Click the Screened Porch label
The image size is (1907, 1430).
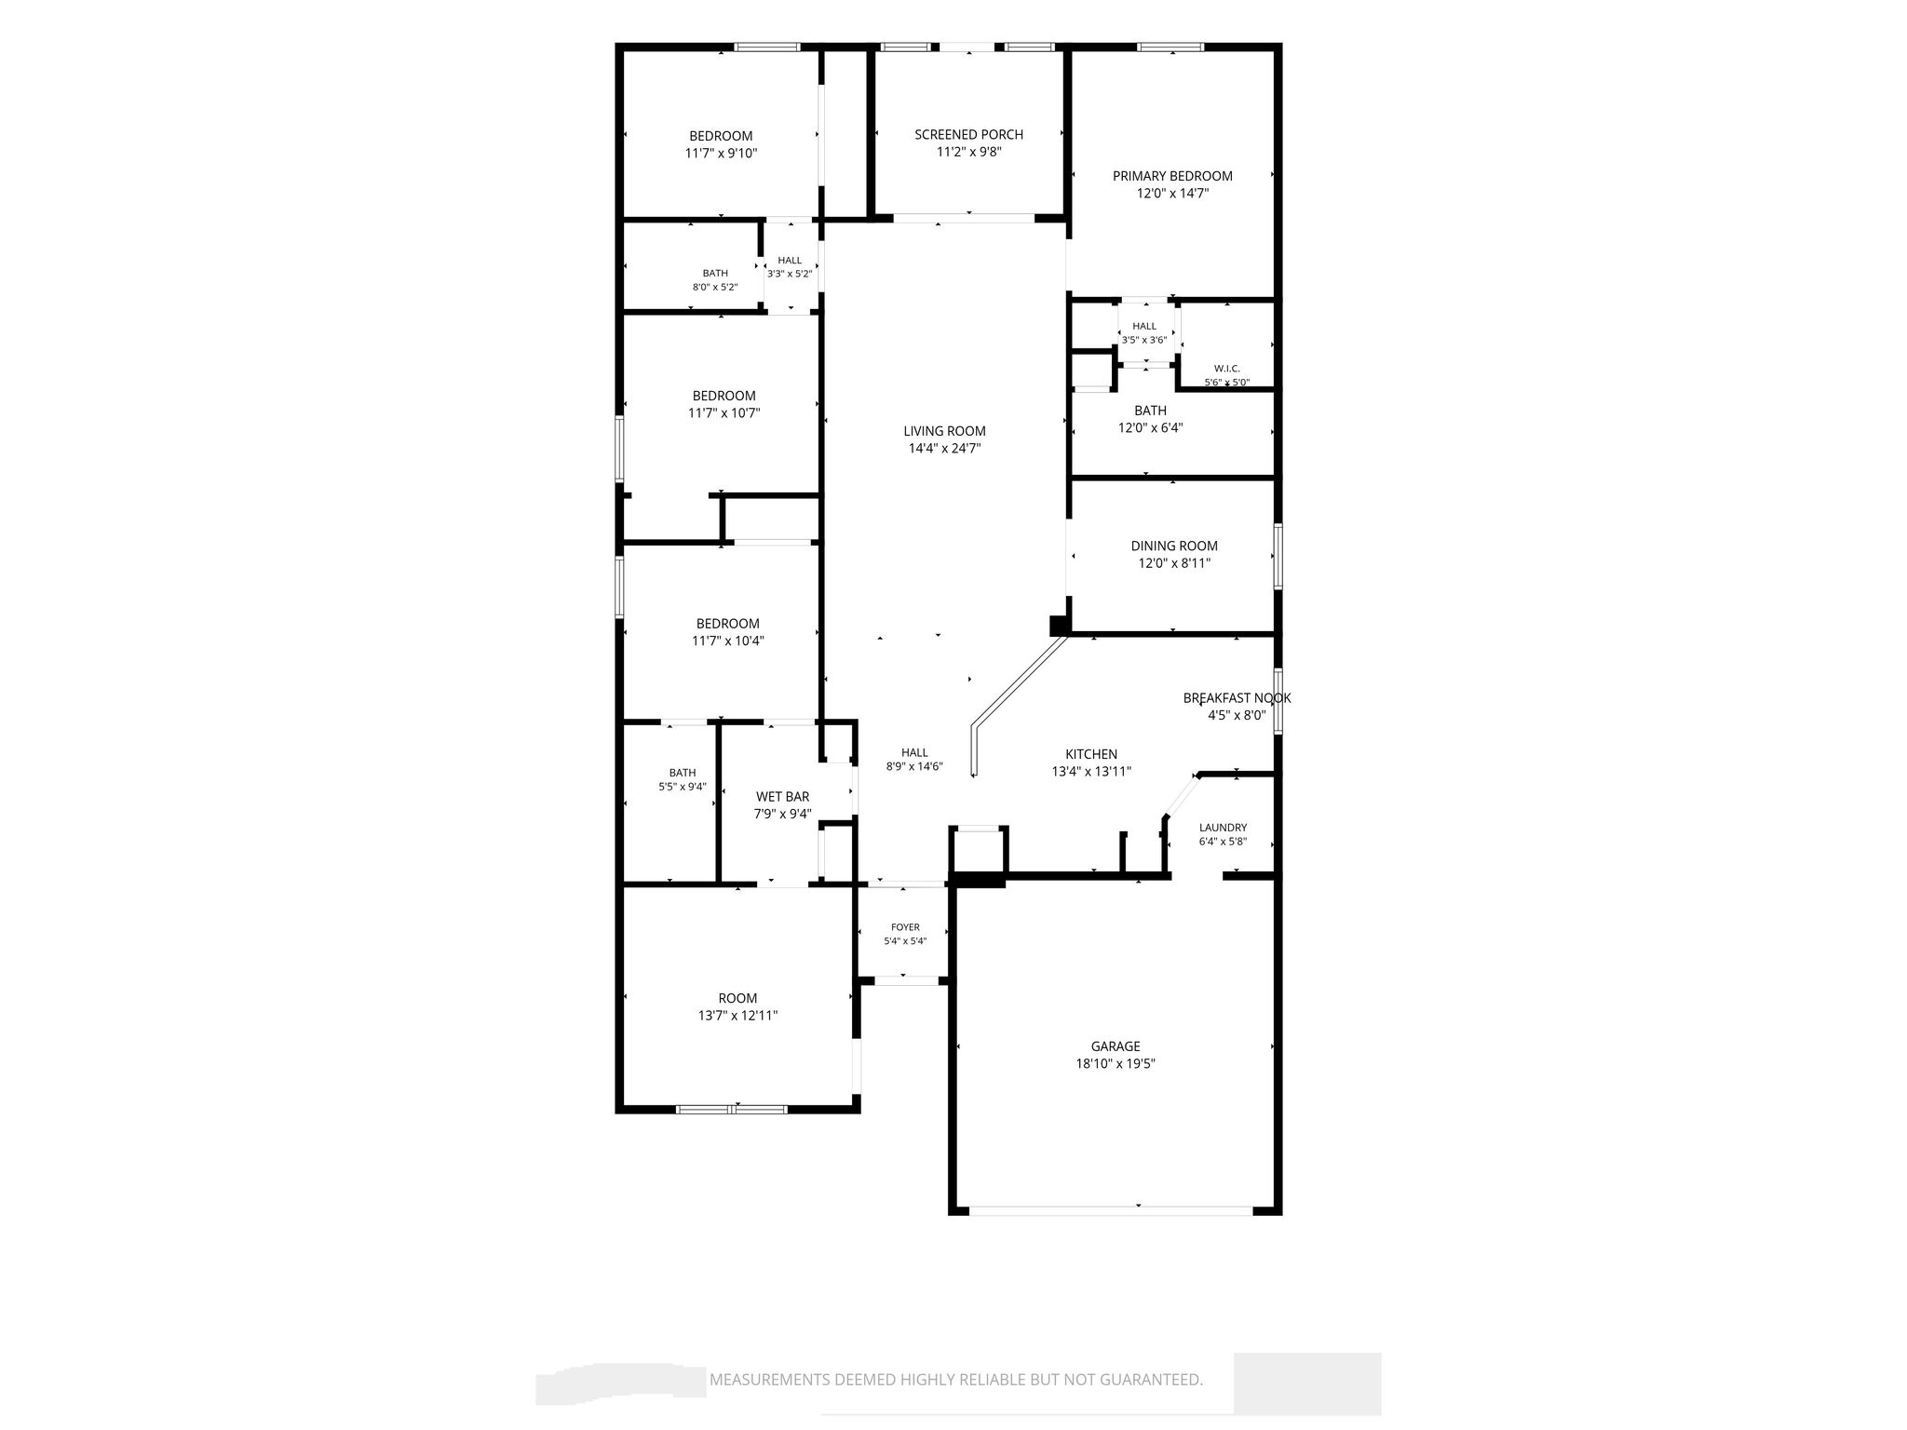pyautogui.click(x=968, y=135)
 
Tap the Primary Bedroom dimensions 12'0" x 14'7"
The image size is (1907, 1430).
pyautogui.click(x=1172, y=194)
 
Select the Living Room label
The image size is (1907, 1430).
pyautogui.click(x=944, y=431)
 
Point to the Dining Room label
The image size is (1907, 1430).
pyautogui.click(x=1174, y=546)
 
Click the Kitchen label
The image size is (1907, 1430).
pyautogui.click(x=1091, y=754)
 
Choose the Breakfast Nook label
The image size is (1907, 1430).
pyautogui.click(x=1237, y=698)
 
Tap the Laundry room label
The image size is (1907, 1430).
pyautogui.click(x=1223, y=828)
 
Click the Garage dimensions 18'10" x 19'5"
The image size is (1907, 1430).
pyautogui.click(x=1116, y=1064)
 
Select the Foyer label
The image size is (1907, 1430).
pyautogui.click(x=905, y=927)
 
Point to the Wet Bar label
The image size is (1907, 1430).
pyautogui.click(x=782, y=797)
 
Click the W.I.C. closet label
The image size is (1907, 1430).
pyautogui.click(x=1227, y=369)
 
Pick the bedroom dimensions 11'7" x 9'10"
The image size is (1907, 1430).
pyautogui.click(x=721, y=154)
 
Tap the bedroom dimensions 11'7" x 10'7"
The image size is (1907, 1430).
pyautogui.click(x=724, y=413)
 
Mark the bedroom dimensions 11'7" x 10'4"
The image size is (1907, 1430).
pyautogui.click(x=727, y=641)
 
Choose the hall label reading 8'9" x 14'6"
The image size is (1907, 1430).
pyautogui.click(x=914, y=760)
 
